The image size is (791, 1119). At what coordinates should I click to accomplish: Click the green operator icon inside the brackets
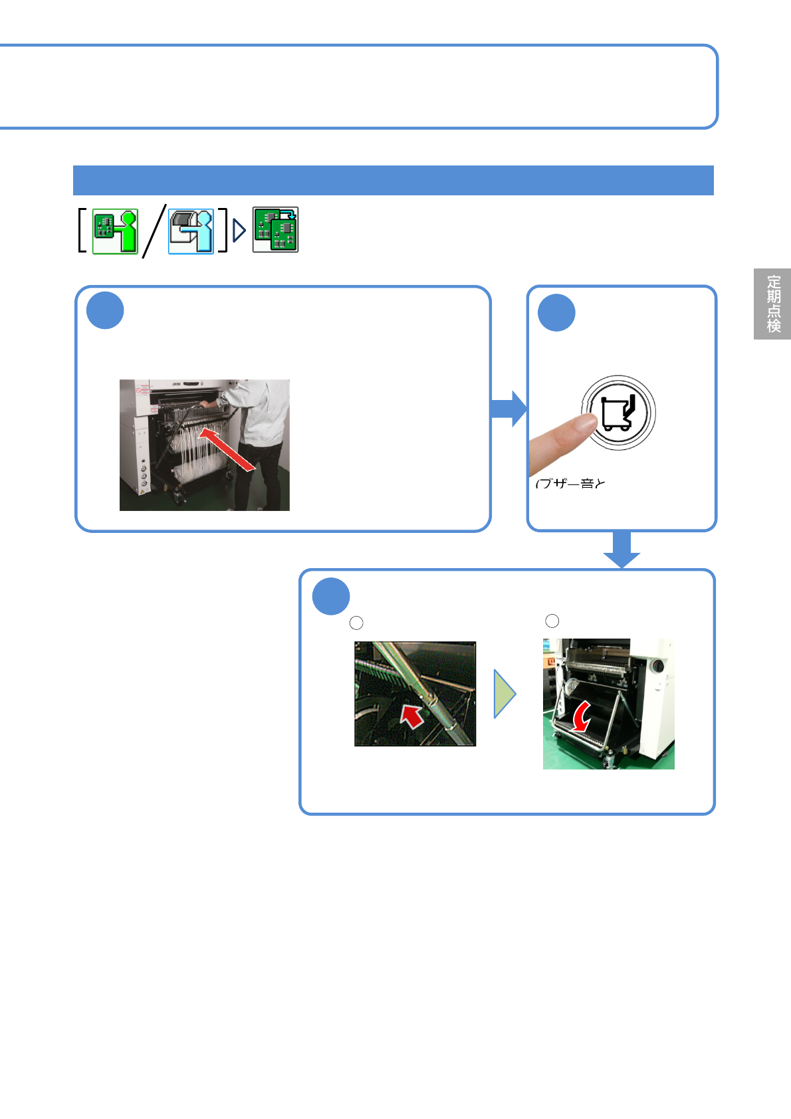click(115, 231)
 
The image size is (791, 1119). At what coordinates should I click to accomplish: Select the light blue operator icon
click(191, 231)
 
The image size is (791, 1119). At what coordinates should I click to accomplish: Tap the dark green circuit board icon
click(275, 230)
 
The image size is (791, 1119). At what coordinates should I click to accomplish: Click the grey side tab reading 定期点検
click(772, 304)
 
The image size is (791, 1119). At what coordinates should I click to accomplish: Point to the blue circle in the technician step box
click(105, 310)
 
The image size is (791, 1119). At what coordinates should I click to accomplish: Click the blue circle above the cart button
click(556, 312)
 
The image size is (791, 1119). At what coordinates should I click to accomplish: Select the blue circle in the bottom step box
click(331, 597)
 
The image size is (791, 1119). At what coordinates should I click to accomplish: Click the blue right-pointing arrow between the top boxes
click(508, 409)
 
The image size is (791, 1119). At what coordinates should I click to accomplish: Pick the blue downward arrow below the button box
click(621, 550)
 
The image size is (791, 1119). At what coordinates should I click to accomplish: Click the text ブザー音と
click(570, 484)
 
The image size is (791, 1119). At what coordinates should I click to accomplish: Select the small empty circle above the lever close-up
click(356, 623)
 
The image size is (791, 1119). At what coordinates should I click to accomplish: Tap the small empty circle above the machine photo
click(552, 621)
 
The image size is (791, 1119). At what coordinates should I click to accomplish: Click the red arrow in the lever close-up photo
click(412, 717)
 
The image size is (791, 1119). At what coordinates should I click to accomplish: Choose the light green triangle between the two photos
click(505, 694)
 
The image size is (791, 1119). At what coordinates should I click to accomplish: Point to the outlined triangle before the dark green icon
click(239, 231)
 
